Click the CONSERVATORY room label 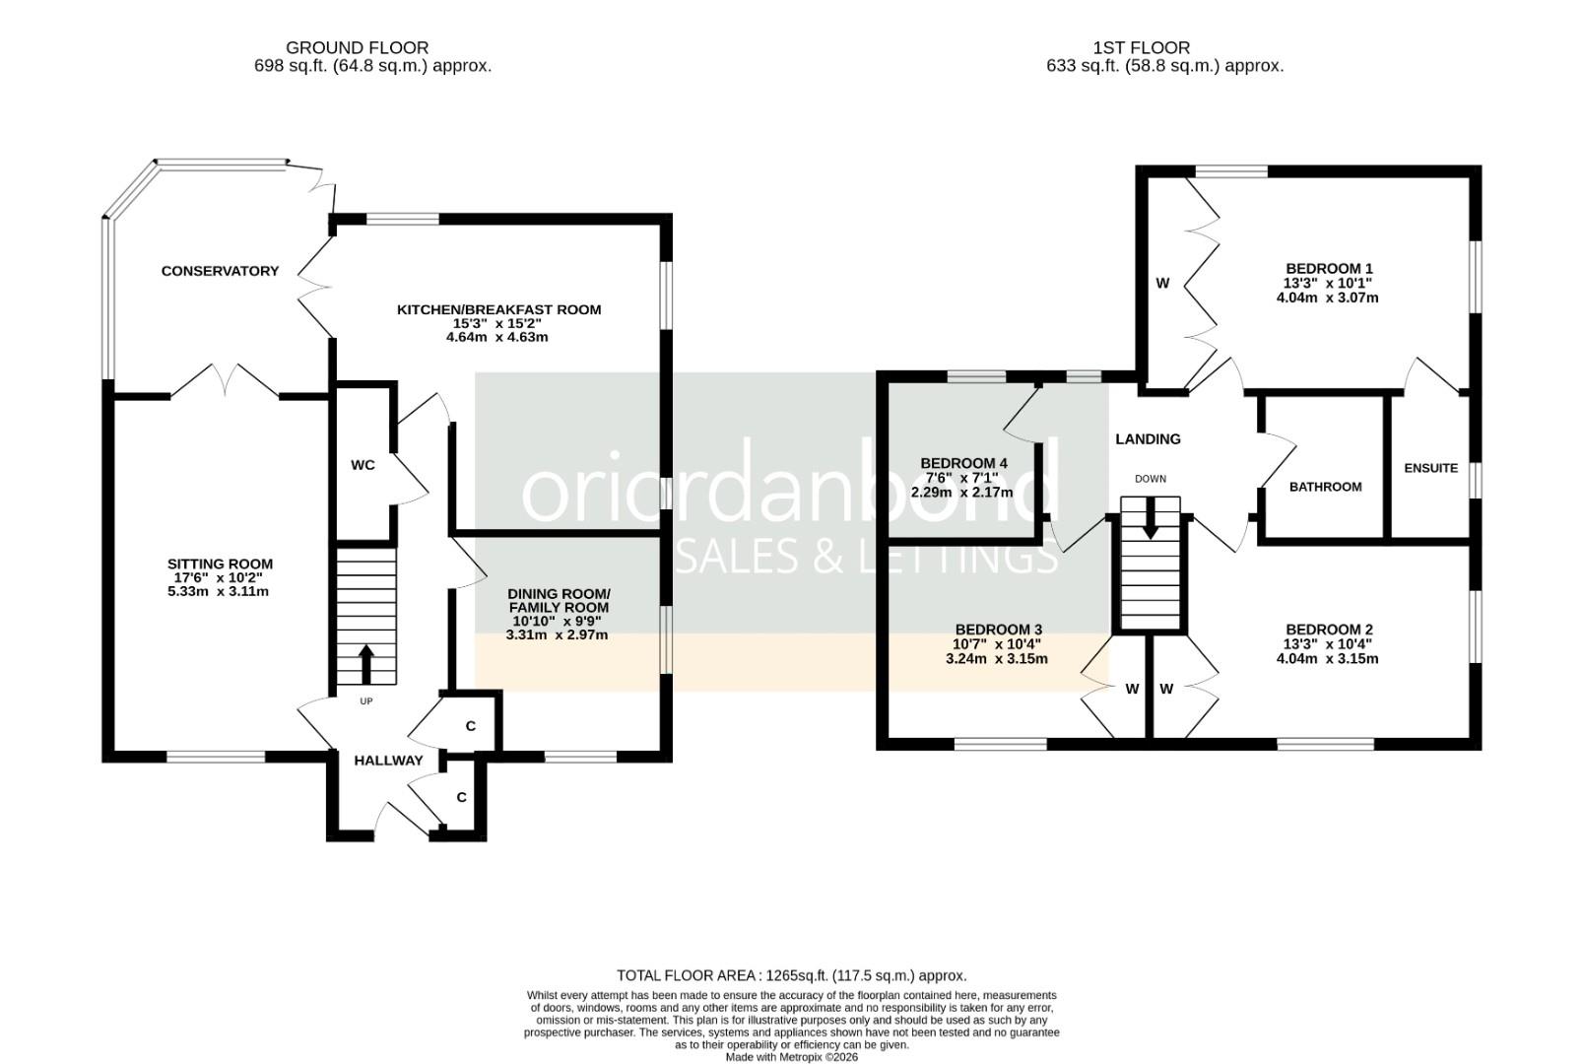(220, 271)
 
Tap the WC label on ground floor (363, 465)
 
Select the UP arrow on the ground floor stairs (365, 664)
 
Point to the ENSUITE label (1430, 468)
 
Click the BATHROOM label (1325, 487)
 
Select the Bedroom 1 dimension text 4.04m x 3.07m (1327, 297)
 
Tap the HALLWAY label (388, 760)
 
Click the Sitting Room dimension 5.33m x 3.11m (219, 591)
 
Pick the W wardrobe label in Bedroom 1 (1162, 284)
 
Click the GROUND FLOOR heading (357, 47)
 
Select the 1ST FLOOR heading (1141, 47)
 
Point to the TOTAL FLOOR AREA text (791, 975)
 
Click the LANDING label (1148, 439)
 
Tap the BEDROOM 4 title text (963, 463)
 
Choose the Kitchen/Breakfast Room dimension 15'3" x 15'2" (497, 323)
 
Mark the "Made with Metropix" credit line (791, 1057)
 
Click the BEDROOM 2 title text (1329, 630)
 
